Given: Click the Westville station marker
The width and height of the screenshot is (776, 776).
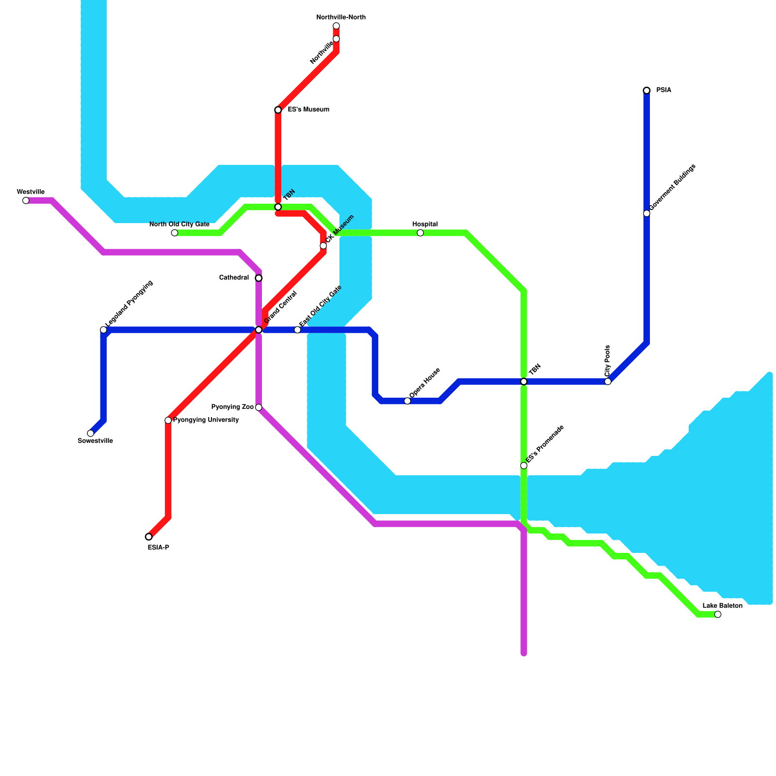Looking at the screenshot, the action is coord(26,200).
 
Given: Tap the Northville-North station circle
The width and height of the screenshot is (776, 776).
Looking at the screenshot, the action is coord(336,26).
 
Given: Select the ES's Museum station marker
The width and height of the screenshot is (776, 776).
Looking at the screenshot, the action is coord(278,110).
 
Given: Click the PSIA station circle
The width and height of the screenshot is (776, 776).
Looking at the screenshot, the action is coord(647,90).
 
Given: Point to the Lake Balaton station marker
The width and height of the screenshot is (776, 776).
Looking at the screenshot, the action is coord(718,614).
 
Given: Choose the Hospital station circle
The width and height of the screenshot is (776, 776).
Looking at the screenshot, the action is coord(420,233).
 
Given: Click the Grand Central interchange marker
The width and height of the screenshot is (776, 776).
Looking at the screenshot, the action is coord(259,330).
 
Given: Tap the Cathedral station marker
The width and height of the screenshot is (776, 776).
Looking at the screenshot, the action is coord(259,278).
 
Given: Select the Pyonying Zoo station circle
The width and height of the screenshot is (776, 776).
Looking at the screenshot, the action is coord(259,407).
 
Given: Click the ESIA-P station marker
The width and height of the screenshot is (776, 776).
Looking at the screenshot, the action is coord(148,537).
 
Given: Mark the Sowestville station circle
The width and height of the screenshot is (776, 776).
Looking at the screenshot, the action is coord(90,433).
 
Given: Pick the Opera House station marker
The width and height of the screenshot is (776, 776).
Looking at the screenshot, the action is coord(407,401).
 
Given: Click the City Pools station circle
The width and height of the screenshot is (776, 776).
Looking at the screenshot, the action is coord(608,381).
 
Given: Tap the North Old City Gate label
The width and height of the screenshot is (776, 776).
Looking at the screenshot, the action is coord(179,224).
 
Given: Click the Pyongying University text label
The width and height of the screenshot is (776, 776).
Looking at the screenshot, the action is coord(206,420).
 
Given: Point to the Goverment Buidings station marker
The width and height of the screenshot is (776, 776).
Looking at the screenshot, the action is coord(647,213).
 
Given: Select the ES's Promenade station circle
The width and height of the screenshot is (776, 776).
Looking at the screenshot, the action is coord(524,466).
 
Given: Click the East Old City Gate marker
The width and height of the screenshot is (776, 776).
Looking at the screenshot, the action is coord(297,330).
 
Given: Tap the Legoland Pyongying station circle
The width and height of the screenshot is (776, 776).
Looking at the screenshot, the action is coord(103,330).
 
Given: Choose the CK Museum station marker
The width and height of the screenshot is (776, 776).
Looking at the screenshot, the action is coord(323,246).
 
